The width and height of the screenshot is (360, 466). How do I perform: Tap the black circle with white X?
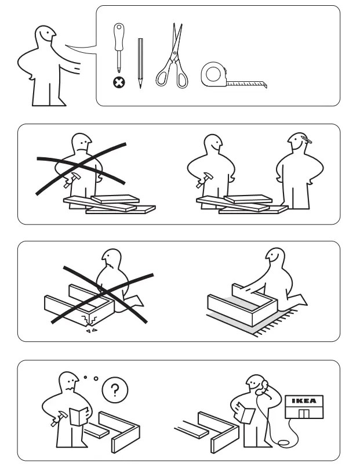(119, 82)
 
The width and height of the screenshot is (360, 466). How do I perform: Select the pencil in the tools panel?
(140, 63)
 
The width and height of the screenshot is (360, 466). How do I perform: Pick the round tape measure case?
(213, 75)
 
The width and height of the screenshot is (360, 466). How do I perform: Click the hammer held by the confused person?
(56, 420)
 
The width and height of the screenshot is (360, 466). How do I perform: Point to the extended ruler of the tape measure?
(246, 84)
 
